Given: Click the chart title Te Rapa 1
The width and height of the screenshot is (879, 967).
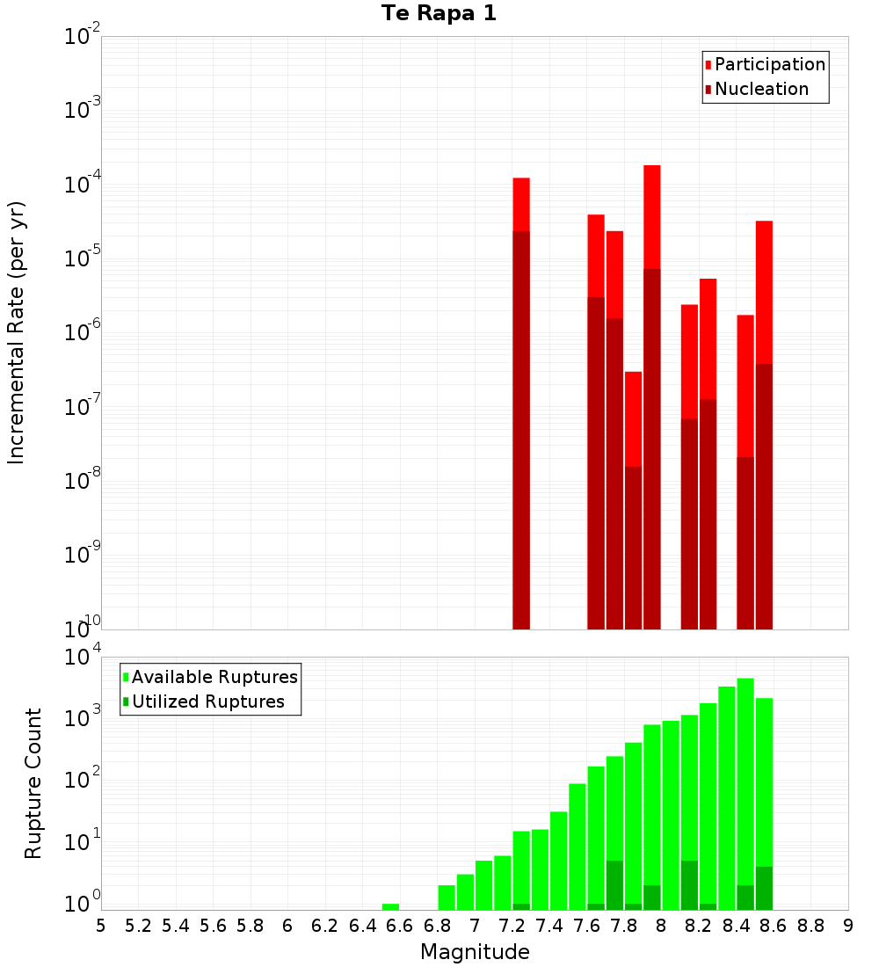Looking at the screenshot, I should [x=439, y=14].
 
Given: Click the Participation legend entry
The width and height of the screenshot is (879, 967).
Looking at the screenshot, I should [x=769, y=64].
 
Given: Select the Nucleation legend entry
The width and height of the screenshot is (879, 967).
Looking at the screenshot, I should [x=760, y=89].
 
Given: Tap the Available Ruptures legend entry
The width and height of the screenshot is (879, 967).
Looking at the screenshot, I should [x=214, y=677].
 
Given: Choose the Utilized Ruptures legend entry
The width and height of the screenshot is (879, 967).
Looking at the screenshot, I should [x=207, y=702].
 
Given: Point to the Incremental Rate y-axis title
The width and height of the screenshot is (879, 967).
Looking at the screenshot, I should [x=17, y=332].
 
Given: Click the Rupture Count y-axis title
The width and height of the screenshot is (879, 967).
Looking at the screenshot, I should [x=33, y=782].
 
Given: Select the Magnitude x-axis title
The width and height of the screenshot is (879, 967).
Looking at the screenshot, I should [x=475, y=952].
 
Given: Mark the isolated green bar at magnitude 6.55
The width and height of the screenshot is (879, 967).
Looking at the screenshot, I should [x=390, y=906].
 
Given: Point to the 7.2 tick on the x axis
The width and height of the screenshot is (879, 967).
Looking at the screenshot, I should [x=512, y=926].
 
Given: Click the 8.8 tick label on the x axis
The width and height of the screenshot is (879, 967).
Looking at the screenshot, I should [x=810, y=926].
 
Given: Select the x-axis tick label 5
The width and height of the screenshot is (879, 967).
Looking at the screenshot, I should [x=101, y=926].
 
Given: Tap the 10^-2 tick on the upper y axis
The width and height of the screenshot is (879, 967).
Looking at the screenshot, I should [x=83, y=37].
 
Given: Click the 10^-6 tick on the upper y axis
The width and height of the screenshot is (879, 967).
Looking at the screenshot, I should [x=83, y=333].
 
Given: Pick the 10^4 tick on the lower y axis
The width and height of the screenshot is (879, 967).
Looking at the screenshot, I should [x=83, y=658].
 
